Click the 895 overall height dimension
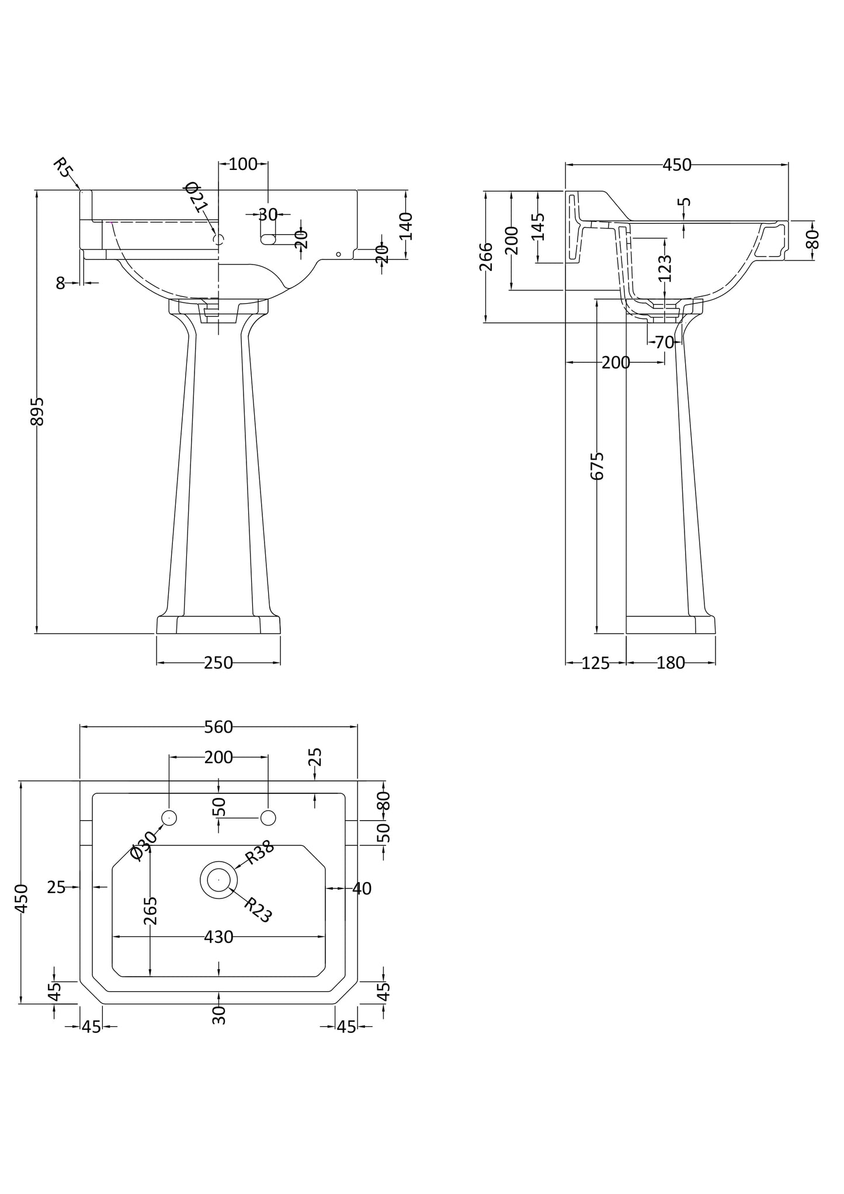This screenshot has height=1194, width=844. pos(37,411)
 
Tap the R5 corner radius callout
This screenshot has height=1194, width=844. pos(62,167)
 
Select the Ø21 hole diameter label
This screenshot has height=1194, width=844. pos(196,197)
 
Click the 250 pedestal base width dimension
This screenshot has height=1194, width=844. pos(218,662)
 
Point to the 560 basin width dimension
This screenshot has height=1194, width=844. pos(218,727)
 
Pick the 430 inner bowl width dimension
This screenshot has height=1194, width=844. pos(218,937)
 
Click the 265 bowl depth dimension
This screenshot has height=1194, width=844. pos(150,911)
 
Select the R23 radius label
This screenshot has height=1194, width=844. pos(258,910)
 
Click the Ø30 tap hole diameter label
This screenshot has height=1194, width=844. pos(144,845)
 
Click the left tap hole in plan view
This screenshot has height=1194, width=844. pos(169,818)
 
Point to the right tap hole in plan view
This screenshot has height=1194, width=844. pos(268,818)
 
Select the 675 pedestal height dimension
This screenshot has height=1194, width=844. pos(597,466)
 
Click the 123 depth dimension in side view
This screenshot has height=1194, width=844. pos(665,268)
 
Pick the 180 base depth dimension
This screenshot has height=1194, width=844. pos(671,663)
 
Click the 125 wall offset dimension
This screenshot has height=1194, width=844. pos(595,663)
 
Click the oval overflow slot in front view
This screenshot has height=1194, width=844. pos(268,238)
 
